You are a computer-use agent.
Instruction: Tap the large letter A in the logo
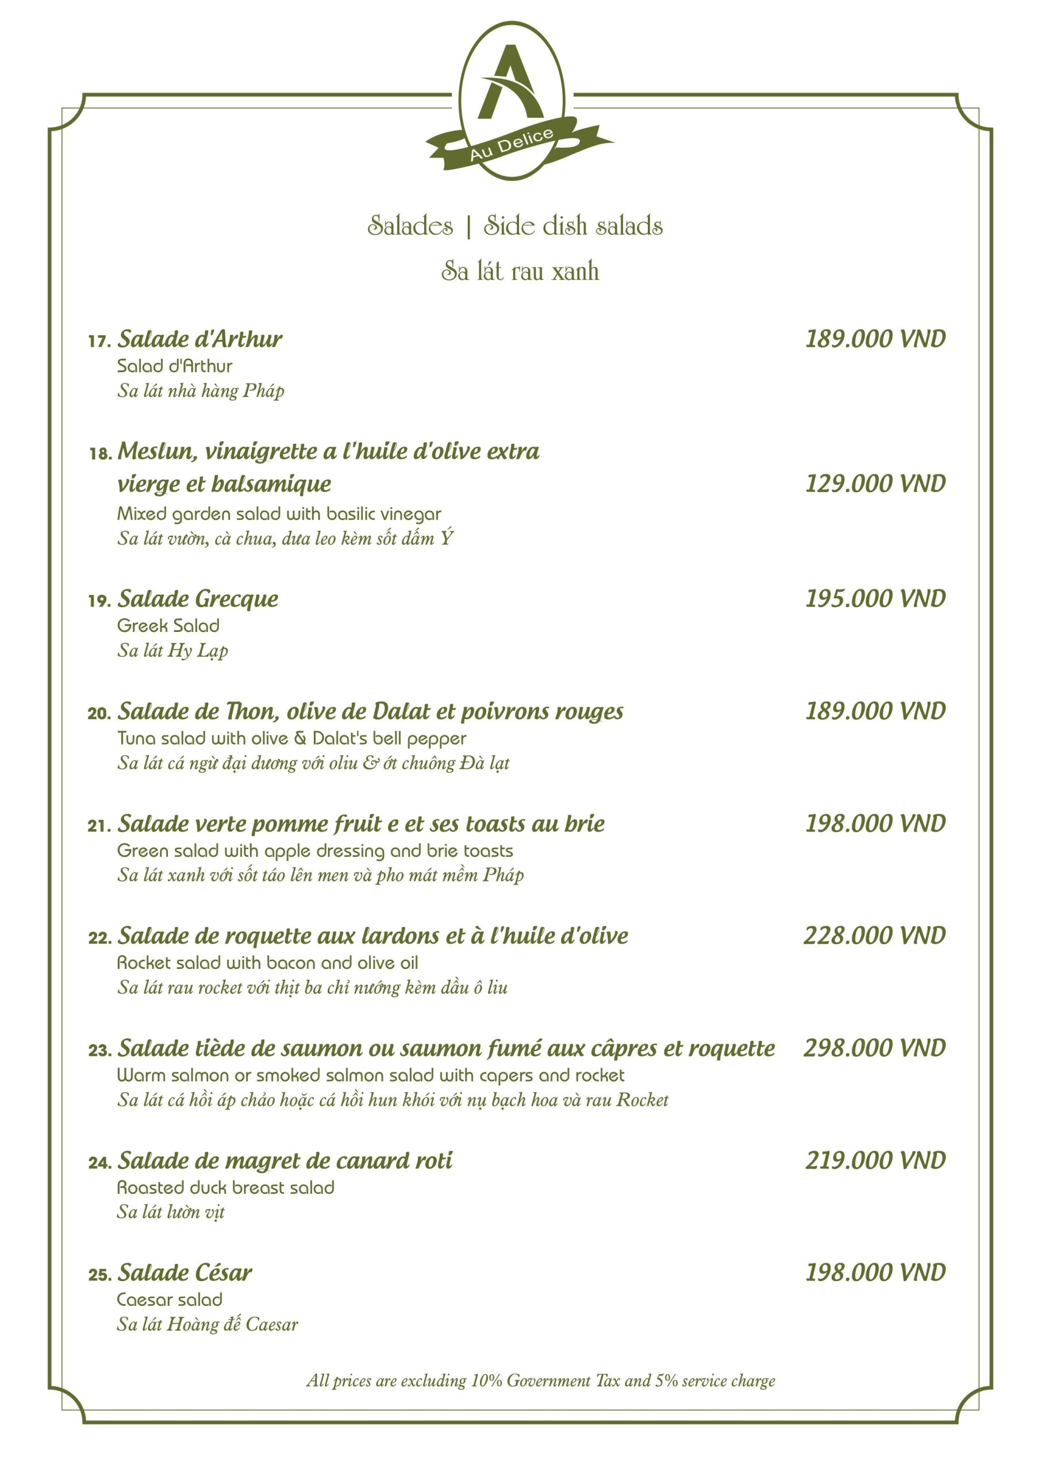point(510,83)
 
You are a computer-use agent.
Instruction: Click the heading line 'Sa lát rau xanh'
point(520,271)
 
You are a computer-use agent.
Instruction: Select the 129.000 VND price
point(875,484)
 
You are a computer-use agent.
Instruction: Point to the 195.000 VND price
point(875,598)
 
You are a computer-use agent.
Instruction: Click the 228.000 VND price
point(874,936)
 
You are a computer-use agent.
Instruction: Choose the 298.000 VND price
point(874,1048)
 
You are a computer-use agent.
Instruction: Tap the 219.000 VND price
point(875,1160)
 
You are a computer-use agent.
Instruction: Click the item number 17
point(99,341)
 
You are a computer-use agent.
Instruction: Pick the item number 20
point(99,714)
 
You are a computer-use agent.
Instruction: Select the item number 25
point(99,1275)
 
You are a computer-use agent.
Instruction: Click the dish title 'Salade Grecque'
point(198,599)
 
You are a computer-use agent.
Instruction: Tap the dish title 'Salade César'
point(185,1272)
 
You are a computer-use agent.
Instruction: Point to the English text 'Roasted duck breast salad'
point(226,1187)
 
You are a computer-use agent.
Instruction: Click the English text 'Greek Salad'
point(168,625)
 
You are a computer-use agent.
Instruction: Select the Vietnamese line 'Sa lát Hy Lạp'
point(172,650)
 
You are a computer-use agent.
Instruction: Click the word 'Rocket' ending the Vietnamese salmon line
point(642,1100)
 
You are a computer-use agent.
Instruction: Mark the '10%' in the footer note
point(486,1381)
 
